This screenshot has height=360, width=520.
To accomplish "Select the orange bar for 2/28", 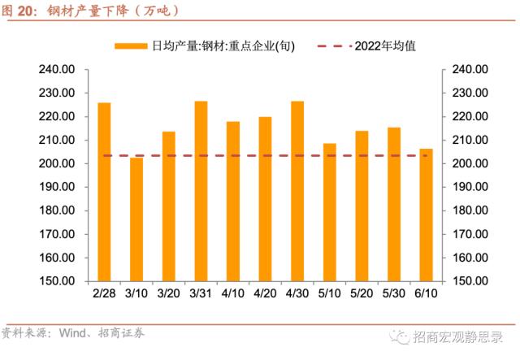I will click(x=104, y=192).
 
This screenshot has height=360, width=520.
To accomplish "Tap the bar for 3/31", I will click(x=201, y=191).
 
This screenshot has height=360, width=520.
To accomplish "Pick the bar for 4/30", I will click(x=297, y=191).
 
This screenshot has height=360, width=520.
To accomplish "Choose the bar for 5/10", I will click(x=330, y=212).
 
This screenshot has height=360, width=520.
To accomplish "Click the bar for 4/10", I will click(x=233, y=201).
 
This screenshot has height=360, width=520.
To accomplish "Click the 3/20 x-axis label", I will click(x=168, y=293).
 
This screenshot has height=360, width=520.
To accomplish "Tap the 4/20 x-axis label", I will click(x=265, y=293).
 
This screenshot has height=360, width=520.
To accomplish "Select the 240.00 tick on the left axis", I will click(x=58, y=70).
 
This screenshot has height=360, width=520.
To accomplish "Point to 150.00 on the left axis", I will click(x=58, y=280).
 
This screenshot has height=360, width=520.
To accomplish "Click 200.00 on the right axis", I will click(x=469, y=163).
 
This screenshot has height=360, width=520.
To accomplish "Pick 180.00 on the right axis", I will click(x=469, y=210).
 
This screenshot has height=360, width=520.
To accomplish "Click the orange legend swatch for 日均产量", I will click(x=131, y=46).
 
